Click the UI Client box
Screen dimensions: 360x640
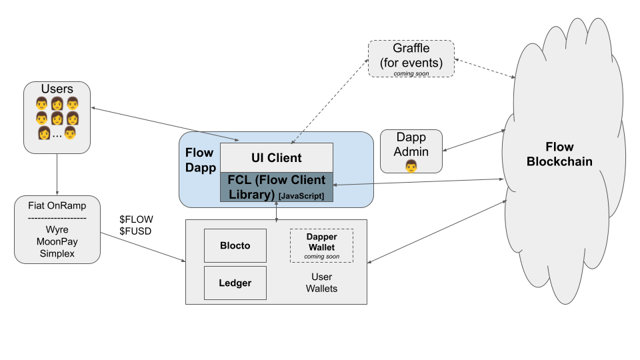tap(276, 158)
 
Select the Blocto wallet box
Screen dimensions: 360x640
tap(235, 245)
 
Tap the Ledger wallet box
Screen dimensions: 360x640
tap(235, 283)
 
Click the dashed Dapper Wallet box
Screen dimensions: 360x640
tap(321, 245)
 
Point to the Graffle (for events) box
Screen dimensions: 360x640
tap(411, 58)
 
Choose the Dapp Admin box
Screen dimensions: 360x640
tap(411, 151)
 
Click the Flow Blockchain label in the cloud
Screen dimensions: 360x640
tap(559, 154)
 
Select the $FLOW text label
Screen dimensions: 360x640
tap(136, 219)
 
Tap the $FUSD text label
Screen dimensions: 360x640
tap(136, 231)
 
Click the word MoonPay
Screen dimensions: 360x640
tap(57, 241)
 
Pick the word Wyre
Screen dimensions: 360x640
tap(57, 229)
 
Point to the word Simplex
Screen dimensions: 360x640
tap(57, 253)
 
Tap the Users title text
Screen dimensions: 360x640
tap(57, 89)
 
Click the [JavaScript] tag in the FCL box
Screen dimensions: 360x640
tap(301, 195)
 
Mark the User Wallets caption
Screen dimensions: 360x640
tap(321, 283)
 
